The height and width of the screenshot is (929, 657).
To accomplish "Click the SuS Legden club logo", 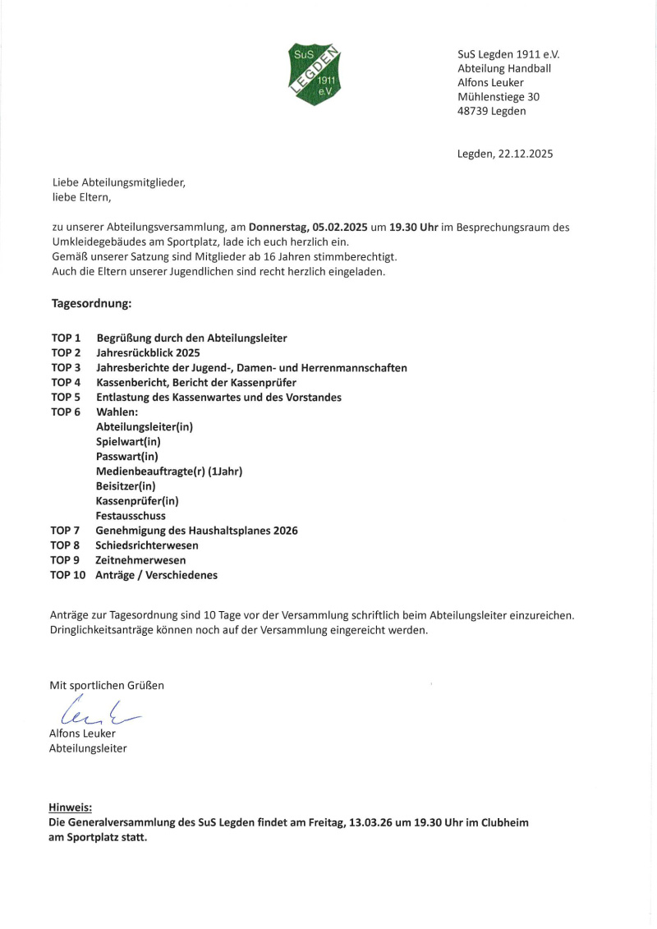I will tap(316, 73).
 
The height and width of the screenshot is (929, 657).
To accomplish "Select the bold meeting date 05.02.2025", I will tap(338, 227).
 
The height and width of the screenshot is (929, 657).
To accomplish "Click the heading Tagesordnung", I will tap(91, 303).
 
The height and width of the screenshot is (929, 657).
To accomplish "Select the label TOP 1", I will tap(66, 338).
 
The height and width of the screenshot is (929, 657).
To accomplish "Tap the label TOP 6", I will tap(66, 412).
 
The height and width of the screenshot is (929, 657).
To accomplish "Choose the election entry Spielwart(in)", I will tap(128, 441).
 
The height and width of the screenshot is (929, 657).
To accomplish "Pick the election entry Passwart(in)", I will tap(127, 456).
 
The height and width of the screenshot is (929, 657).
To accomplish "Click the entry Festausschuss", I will tap(131, 515).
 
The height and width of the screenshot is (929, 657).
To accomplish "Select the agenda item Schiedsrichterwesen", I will tap(147, 545).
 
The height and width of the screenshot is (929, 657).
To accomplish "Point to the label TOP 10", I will tap(68, 575).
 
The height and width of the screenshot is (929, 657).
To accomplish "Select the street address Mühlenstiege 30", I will tap(498, 96).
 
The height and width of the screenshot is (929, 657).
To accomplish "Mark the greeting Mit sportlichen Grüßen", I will tap(107, 684).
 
